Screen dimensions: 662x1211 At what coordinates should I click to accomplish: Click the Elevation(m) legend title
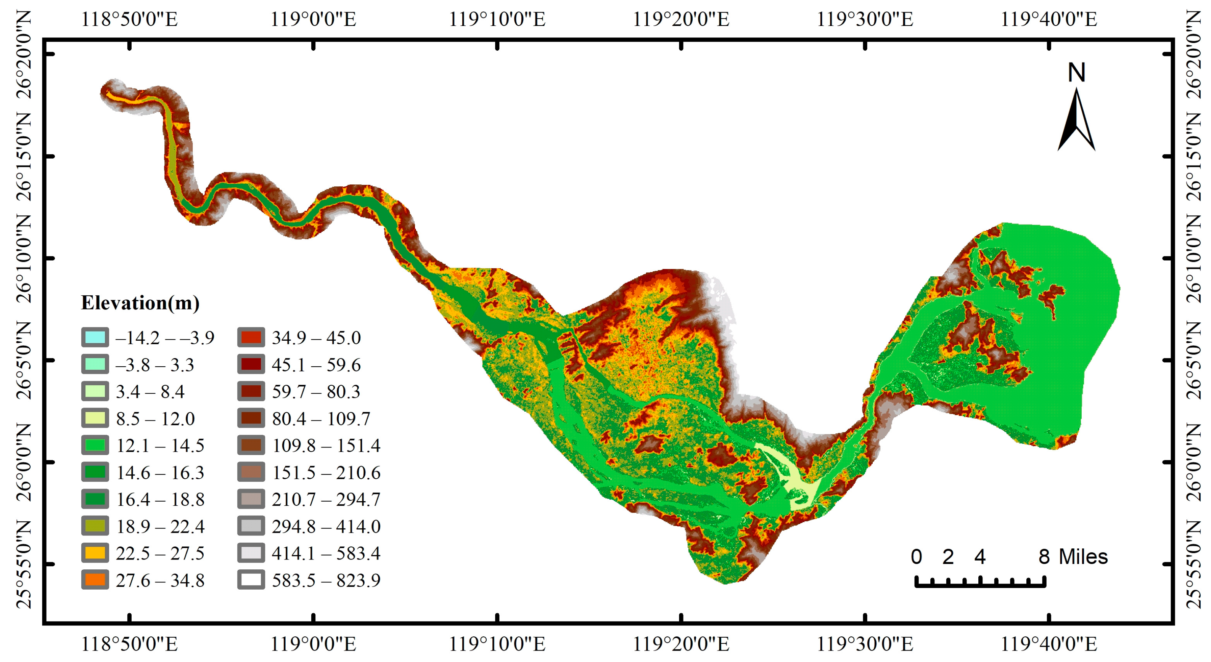[140, 303]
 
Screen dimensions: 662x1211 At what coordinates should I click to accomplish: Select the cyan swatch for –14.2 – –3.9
[95, 337]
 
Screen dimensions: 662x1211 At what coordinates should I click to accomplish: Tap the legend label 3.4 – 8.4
[150, 391]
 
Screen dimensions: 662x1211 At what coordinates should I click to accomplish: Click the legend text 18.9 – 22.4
[160, 527]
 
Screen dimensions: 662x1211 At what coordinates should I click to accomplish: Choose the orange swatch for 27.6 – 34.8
[95, 580]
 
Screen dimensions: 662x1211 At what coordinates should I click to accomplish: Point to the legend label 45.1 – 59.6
[316, 365]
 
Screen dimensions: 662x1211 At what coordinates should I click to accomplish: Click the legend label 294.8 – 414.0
[326, 527]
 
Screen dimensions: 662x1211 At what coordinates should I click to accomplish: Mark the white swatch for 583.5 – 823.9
[251, 580]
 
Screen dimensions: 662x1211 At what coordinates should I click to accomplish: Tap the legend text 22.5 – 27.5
[160, 553]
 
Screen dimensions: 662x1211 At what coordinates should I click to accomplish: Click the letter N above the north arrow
[1076, 73]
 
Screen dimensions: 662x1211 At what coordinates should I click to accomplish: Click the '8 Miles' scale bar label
[1073, 557]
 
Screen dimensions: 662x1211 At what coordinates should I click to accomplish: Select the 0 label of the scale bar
[916, 557]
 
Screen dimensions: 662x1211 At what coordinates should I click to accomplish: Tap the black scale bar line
[981, 585]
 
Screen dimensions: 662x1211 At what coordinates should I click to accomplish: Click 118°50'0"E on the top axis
[130, 20]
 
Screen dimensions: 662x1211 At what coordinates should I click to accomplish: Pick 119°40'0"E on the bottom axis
[1049, 644]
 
